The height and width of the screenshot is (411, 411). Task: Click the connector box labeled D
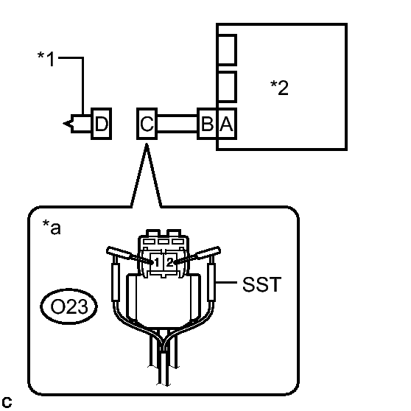tap(101, 124)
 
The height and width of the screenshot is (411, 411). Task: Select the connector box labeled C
tap(147, 124)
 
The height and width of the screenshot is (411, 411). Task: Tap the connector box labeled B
tap(207, 124)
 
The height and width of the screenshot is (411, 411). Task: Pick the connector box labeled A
tap(227, 124)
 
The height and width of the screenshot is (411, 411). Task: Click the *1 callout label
tap(46, 59)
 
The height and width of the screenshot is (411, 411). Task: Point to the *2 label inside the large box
tap(279, 88)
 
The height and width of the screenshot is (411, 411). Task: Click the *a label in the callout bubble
tap(52, 227)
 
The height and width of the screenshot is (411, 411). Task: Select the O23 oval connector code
tap(69, 306)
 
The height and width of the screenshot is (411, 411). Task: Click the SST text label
tap(262, 284)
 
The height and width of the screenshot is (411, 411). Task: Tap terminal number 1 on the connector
tap(157, 262)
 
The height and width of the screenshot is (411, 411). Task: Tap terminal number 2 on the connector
tap(169, 262)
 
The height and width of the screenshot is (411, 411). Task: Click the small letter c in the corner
tap(7, 402)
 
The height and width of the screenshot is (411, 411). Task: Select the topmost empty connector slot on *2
tap(227, 50)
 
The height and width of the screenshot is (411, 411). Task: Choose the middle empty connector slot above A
tap(227, 87)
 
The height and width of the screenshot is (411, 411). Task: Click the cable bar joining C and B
tap(178, 124)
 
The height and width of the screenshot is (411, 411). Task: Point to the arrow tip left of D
tap(63, 124)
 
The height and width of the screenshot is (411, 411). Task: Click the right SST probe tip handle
tap(208, 252)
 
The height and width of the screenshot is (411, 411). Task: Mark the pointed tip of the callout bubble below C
tap(147, 144)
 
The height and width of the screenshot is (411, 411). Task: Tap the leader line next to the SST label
tap(226, 283)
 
